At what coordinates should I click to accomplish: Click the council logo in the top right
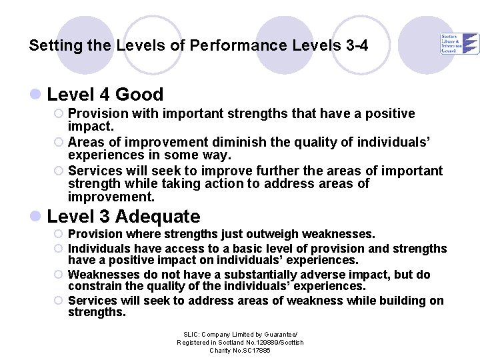pyautogui.click(x=459, y=43)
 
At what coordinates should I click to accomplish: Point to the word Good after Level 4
pyautogui.click(x=139, y=95)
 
